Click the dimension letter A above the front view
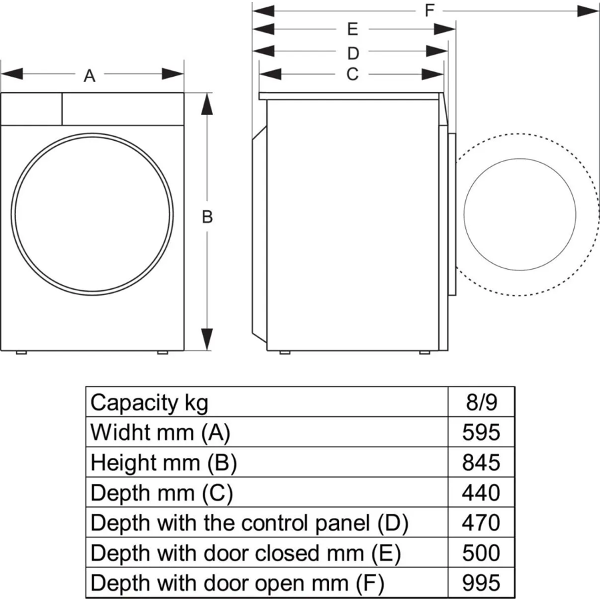click(89, 76)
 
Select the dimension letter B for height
click(207, 217)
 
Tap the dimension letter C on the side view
click(352, 74)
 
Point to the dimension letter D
click(353, 53)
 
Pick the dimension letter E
click(352, 29)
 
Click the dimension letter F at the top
click(429, 10)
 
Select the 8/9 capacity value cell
click(481, 402)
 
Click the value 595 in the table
click(481, 432)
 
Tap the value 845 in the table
click(481, 463)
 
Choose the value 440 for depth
click(481, 493)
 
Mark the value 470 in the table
click(481, 523)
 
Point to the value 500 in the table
click(481, 553)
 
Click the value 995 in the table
click(481, 583)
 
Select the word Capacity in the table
click(134, 404)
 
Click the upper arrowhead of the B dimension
click(207, 104)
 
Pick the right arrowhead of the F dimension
click(587, 11)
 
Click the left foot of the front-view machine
click(21, 352)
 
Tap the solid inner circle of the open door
click(464, 214)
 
